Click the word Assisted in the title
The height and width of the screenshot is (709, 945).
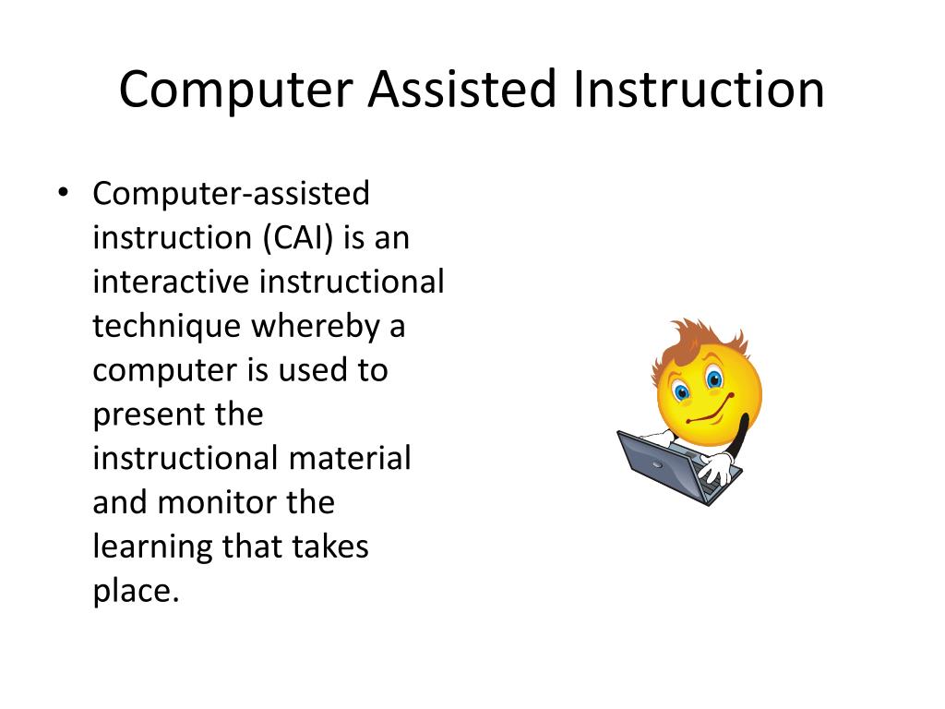(x=464, y=90)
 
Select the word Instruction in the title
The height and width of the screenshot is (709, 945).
(x=698, y=90)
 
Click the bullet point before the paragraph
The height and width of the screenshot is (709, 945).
(x=63, y=194)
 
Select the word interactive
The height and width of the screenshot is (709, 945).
(x=171, y=282)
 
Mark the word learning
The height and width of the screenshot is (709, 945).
(x=153, y=547)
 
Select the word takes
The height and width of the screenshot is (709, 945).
(x=331, y=547)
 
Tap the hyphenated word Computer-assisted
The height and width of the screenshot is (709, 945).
(x=231, y=194)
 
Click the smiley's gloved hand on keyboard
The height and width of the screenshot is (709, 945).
(x=716, y=469)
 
